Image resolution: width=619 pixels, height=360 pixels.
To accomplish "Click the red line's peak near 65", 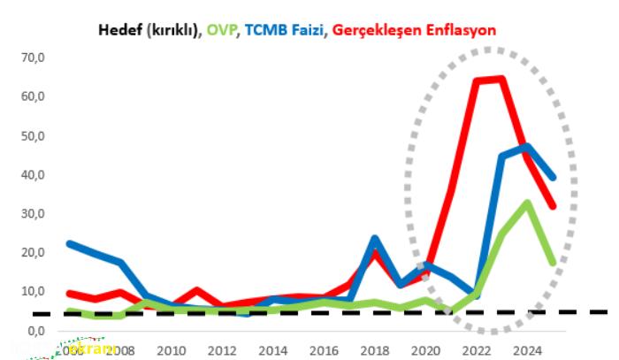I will (501, 79).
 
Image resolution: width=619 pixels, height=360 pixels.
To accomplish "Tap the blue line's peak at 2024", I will (527, 147).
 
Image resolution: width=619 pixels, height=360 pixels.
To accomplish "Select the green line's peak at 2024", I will (527, 203).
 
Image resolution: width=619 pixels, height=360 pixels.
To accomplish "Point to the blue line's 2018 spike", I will (375, 239).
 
